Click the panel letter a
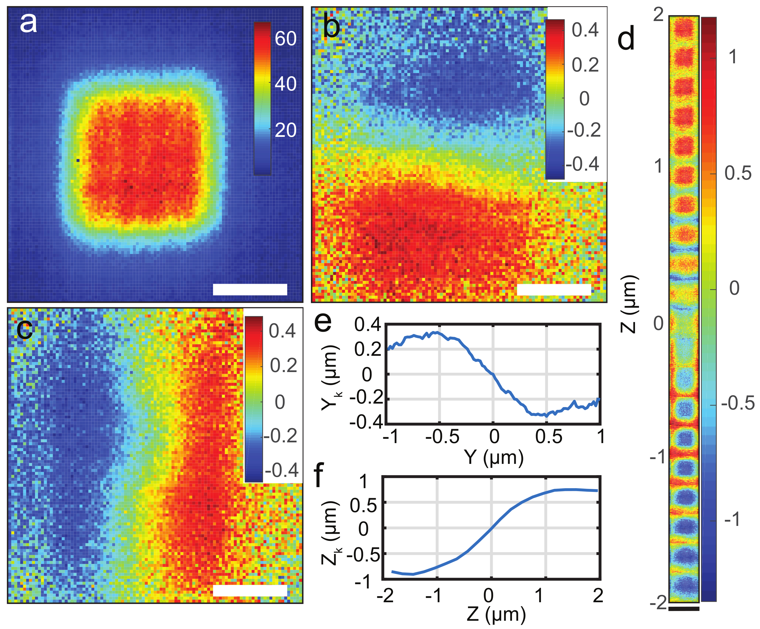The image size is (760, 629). (28, 23)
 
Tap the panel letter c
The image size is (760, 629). (24, 329)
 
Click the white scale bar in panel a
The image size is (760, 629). (250, 289)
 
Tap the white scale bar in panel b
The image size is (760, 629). (554, 289)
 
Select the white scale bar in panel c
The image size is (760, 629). (250, 591)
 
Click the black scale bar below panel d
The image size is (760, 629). (684, 609)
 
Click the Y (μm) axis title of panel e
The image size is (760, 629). (494, 457)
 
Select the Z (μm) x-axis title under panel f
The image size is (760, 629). (496, 614)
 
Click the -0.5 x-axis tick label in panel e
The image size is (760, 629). (442, 437)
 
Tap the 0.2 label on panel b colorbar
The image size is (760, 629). (585, 65)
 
